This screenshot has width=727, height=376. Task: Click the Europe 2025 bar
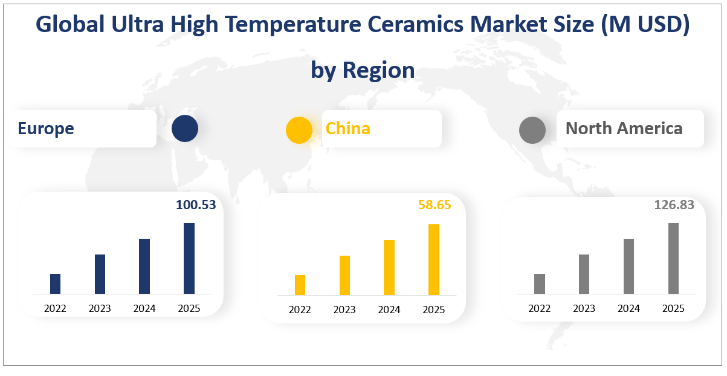pyautogui.click(x=189, y=258)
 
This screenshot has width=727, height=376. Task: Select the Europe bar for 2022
pyautogui.click(x=55, y=284)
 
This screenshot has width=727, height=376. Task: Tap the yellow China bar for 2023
pyautogui.click(x=344, y=275)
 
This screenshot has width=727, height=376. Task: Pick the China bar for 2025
pyautogui.click(x=434, y=259)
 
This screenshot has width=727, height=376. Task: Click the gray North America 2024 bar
pyautogui.click(x=628, y=266)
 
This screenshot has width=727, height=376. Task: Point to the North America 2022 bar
pyautogui.click(x=540, y=284)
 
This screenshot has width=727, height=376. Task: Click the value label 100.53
pyautogui.click(x=196, y=205)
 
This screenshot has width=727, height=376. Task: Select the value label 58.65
pyautogui.click(x=435, y=205)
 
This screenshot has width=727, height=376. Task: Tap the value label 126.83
pyautogui.click(x=674, y=205)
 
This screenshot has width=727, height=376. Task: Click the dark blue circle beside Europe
pyautogui.click(x=185, y=129)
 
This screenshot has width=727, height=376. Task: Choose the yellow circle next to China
pyautogui.click(x=299, y=130)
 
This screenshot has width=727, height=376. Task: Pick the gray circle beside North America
pyautogui.click(x=532, y=130)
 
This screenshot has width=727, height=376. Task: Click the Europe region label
pyautogui.click(x=46, y=128)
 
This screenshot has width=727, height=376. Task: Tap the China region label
pyautogui.click(x=348, y=128)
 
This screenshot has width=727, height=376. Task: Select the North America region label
pyautogui.click(x=624, y=128)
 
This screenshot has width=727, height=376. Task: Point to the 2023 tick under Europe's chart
pyautogui.click(x=100, y=308)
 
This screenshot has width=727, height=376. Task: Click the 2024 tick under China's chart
pyautogui.click(x=389, y=310)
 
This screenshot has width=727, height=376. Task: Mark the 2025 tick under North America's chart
pyautogui.click(x=673, y=308)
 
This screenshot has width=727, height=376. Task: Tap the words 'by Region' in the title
pyautogui.click(x=363, y=70)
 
